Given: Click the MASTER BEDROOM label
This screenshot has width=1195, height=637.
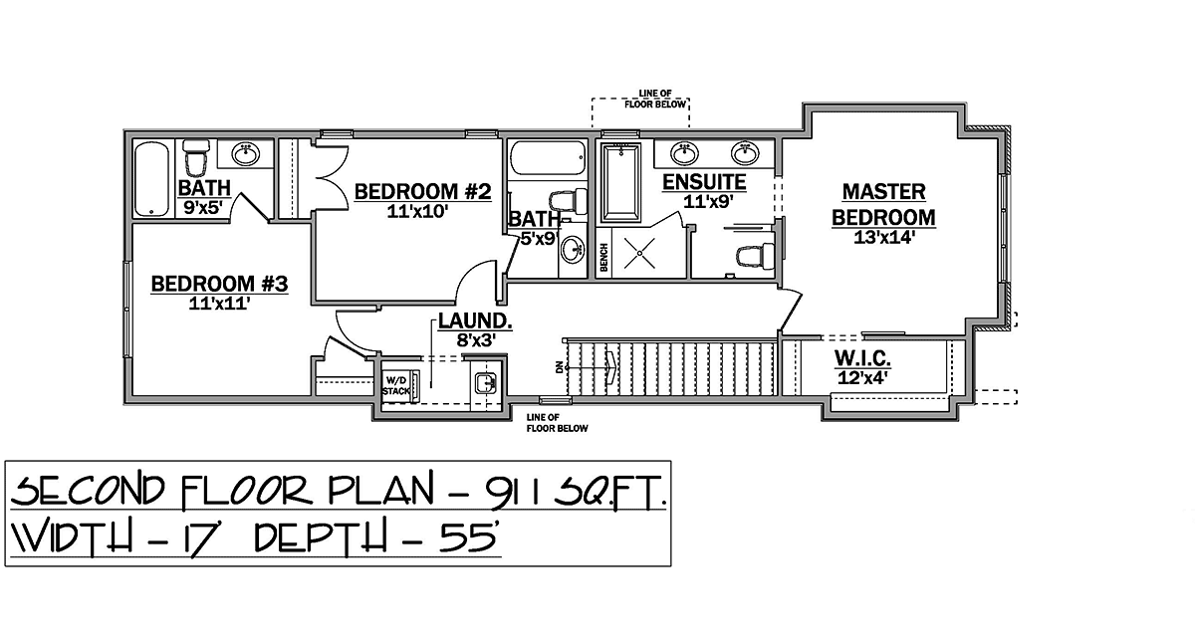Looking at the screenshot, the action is [x=884, y=205].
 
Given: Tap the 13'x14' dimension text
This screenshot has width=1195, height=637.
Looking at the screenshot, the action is [x=884, y=237].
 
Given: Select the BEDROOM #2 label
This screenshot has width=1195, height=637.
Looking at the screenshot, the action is [x=422, y=191].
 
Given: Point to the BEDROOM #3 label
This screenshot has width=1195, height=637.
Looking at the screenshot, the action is [x=219, y=284].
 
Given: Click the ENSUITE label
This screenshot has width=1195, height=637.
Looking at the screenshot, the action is [x=704, y=182].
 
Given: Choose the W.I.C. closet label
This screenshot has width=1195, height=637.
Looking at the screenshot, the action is [x=862, y=358].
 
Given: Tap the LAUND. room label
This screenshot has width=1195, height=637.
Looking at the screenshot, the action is [x=475, y=321].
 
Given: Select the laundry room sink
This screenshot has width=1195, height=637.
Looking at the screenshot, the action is [x=486, y=383].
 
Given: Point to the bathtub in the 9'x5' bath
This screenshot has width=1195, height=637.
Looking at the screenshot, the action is [x=152, y=178].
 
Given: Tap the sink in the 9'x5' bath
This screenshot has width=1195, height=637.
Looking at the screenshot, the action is [x=246, y=154].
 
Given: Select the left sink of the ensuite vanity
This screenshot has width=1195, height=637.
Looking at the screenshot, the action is [x=684, y=153].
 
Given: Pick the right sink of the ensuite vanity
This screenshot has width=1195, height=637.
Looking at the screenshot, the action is [x=745, y=153].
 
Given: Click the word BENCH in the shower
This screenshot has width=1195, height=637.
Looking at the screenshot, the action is [x=603, y=258].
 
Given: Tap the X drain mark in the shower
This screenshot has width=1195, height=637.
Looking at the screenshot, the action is [x=639, y=253].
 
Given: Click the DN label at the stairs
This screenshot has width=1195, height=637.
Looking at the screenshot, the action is [x=559, y=367].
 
